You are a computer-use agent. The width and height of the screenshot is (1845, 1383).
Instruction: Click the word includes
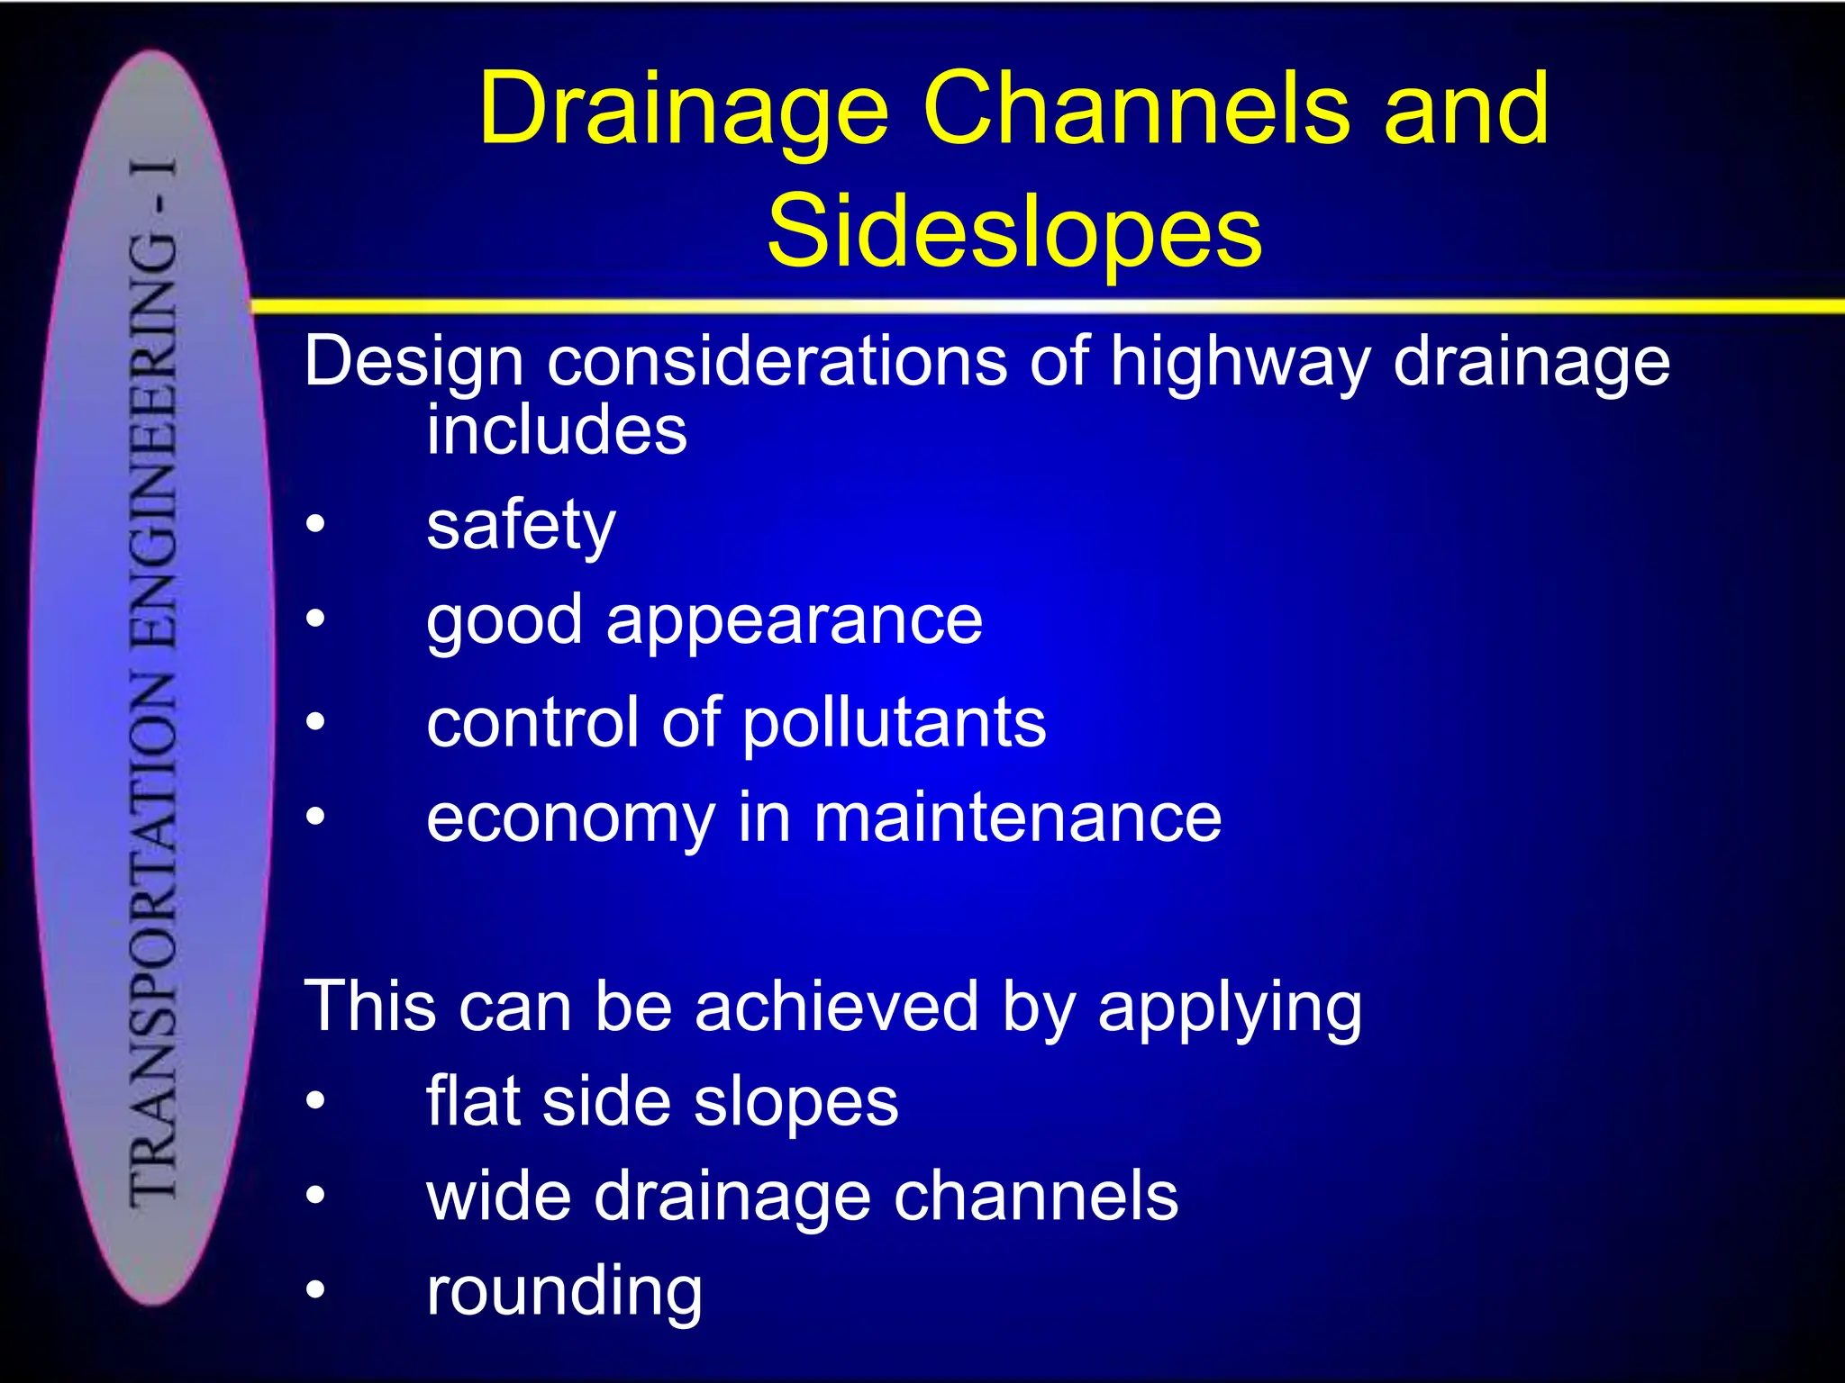(x=557, y=429)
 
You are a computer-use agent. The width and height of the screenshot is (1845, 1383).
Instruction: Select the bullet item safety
(x=521, y=526)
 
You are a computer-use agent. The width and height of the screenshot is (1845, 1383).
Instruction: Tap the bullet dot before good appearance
(x=314, y=619)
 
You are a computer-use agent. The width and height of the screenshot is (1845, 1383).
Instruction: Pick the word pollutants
(x=894, y=722)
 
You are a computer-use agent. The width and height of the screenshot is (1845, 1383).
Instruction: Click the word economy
(x=570, y=819)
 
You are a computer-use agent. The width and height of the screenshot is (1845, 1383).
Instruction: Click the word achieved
(x=835, y=1006)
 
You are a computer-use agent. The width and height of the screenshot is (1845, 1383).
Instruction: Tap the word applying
(x=1229, y=1008)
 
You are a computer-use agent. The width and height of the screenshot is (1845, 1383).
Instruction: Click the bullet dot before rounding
(x=314, y=1291)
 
